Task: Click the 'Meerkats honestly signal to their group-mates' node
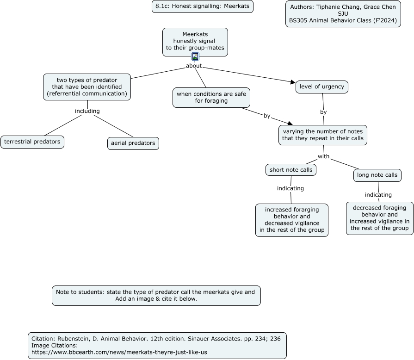click(195, 42)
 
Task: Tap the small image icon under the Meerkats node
click(195, 56)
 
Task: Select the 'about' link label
click(194, 66)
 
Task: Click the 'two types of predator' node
click(87, 87)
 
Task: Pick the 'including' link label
click(87, 111)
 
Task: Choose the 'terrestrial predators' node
click(32, 142)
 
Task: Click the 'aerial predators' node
click(133, 143)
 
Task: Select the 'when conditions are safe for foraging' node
click(211, 98)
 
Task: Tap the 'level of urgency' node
click(322, 87)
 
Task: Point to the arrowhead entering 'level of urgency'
click(293, 82)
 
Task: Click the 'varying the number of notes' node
click(323, 135)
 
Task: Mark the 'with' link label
click(323, 156)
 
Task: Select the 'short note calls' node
click(291, 170)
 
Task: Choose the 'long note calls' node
click(377, 175)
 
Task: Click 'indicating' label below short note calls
click(290, 188)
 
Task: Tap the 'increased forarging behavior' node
click(292, 220)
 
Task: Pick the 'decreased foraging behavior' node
click(380, 218)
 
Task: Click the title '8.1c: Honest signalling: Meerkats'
click(203, 6)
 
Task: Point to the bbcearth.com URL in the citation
click(119, 352)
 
